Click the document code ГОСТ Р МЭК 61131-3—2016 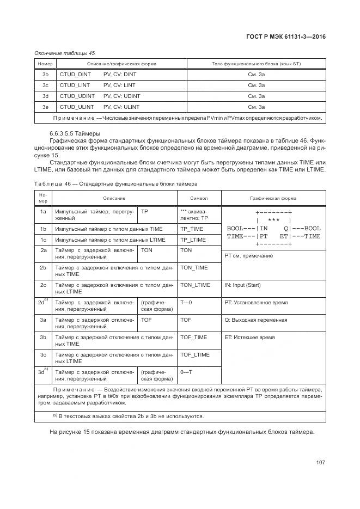pos(286,37)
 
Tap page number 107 pos(320,463)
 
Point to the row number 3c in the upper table pos(45,85)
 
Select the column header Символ pos(199,198)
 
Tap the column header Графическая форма pos(273,198)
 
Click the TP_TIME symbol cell pos(192,229)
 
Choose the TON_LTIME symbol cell pos(195,285)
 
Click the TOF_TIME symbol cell pos(193,338)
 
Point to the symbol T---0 pos(186,302)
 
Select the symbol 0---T pos(186,372)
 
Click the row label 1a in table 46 pos(42,211)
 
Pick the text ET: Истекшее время pos(249,338)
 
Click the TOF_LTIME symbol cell pos(195,355)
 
